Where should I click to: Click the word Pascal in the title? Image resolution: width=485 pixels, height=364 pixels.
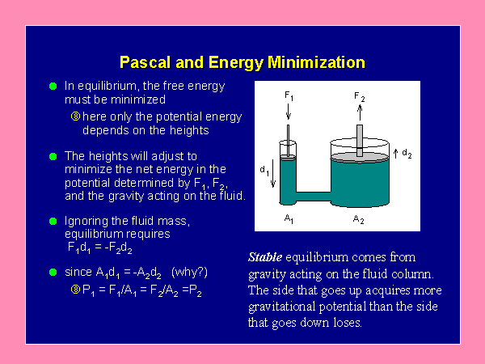[x=145, y=62]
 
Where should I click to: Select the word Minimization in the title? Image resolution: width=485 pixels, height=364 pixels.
[x=316, y=62]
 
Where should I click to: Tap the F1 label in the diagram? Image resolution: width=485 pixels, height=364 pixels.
[x=289, y=95]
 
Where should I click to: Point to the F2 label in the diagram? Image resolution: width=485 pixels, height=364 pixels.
[x=360, y=97]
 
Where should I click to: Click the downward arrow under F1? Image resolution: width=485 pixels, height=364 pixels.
[x=289, y=112]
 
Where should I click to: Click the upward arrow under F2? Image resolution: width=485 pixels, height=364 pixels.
[x=360, y=112]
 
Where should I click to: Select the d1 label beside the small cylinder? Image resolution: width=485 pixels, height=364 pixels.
[x=264, y=171]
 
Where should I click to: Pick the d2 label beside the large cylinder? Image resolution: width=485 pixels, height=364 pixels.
[x=407, y=154]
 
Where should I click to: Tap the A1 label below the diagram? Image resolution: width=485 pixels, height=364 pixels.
[x=289, y=219]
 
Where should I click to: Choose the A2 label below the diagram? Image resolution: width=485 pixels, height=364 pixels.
[x=358, y=220]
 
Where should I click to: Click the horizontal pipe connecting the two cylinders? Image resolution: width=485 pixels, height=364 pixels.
[x=314, y=197]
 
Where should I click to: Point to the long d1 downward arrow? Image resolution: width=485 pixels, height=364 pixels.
[x=273, y=173]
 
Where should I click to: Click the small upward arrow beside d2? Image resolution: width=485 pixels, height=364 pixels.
[x=395, y=154]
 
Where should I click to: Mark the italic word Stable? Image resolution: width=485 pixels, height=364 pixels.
[x=265, y=257]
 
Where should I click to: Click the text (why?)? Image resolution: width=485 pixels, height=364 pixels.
[x=189, y=273]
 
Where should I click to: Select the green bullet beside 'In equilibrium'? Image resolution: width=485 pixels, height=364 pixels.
[x=53, y=86]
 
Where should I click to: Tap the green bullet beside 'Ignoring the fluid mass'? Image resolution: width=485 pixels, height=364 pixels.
[x=53, y=221]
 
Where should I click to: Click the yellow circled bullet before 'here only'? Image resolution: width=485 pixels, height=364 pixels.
[x=75, y=116]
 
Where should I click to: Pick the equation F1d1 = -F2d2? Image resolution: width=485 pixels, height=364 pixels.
[x=100, y=248]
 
